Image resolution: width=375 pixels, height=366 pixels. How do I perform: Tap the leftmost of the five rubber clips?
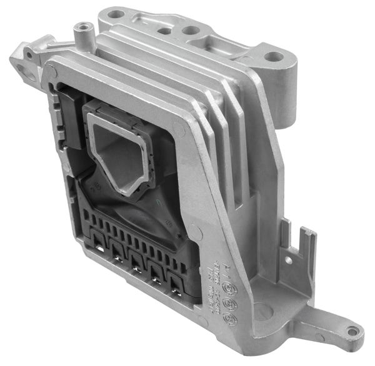point(97,240)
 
